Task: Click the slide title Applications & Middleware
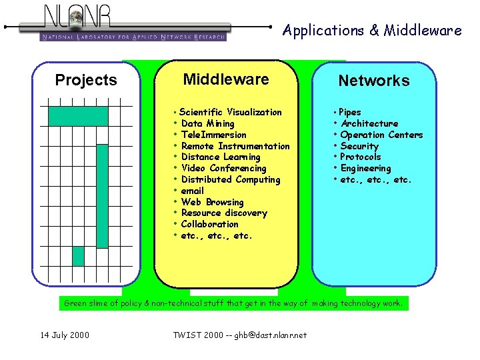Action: coord(371,30)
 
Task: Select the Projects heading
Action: coord(86,81)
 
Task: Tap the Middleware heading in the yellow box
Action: coord(226,80)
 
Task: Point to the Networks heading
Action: coord(373,81)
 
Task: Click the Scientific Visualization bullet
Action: coord(230,112)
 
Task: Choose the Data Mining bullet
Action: coord(207,123)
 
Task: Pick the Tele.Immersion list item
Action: coord(213,135)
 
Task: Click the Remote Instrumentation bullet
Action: coord(235,146)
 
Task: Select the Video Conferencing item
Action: coord(223,168)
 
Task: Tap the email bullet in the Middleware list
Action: coord(192,191)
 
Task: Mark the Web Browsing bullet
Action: coord(212,202)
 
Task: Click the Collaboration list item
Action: coord(209,224)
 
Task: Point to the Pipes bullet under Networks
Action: coord(349,112)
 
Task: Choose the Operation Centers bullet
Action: coord(381,135)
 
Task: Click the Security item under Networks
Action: coord(359,146)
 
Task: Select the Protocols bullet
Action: coord(360,157)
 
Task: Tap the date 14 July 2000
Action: coord(64,335)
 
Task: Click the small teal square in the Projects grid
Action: coord(79,256)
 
